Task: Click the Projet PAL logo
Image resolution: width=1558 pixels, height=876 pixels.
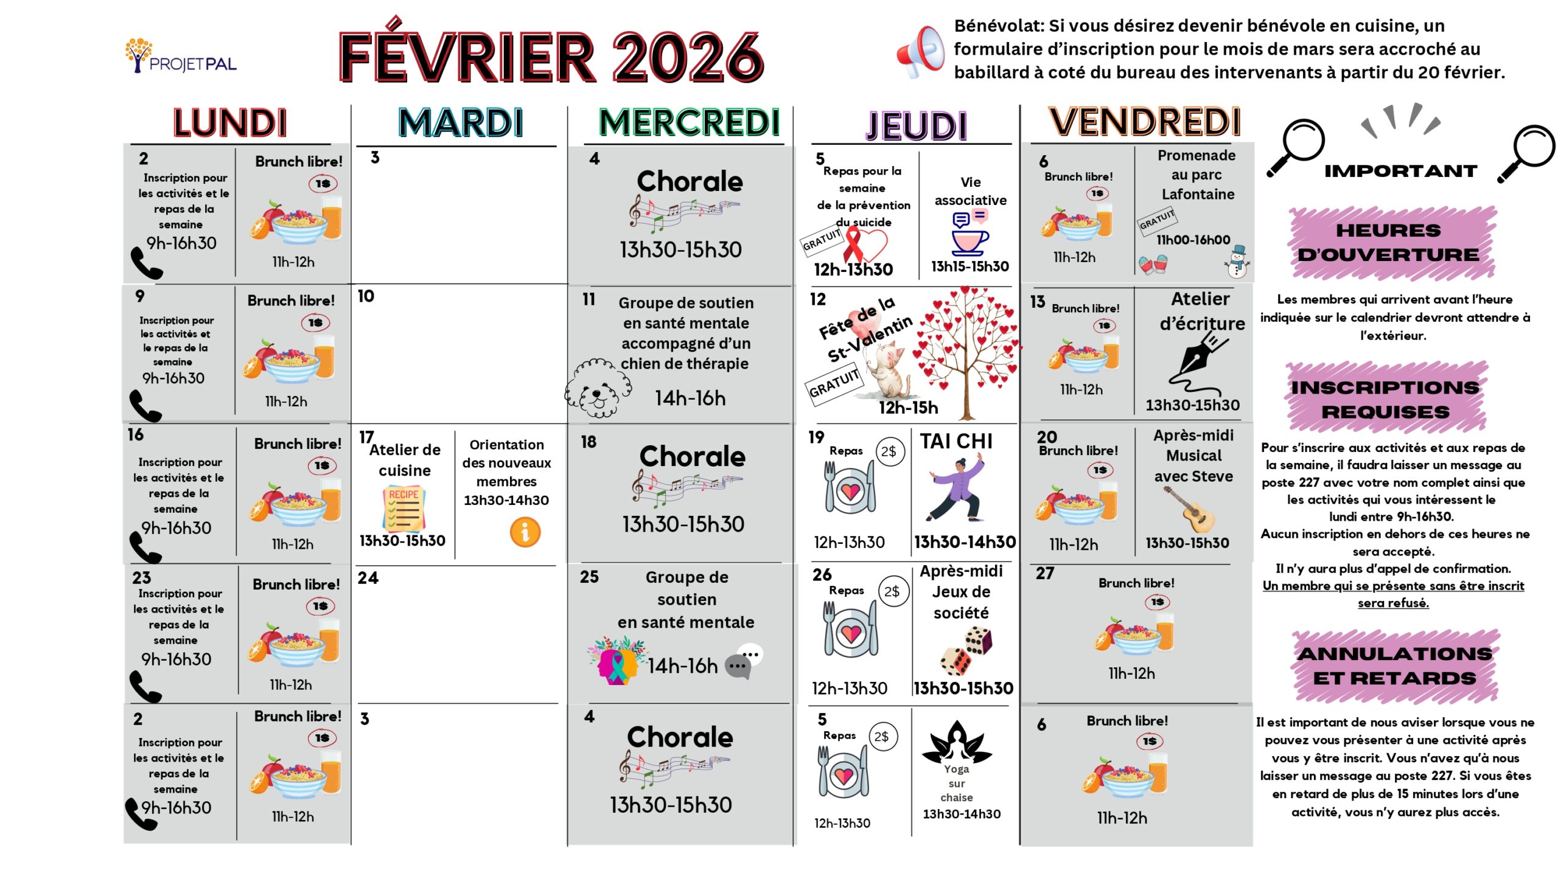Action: click(181, 57)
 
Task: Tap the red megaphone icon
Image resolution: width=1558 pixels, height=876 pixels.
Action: click(920, 52)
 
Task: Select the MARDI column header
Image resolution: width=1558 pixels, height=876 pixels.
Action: click(460, 123)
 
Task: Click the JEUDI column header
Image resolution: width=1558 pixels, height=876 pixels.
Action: click(917, 125)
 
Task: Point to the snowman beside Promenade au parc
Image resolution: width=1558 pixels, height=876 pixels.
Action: click(1237, 262)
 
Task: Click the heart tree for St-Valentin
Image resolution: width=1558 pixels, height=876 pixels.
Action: click(966, 350)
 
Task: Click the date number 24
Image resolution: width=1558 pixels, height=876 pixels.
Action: click(368, 577)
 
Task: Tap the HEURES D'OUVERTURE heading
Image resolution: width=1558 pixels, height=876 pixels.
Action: click(1388, 243)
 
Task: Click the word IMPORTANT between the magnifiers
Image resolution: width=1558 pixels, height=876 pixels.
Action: click(1400, 171)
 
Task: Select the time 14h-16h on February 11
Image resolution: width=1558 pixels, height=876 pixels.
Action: click(690, 398)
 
